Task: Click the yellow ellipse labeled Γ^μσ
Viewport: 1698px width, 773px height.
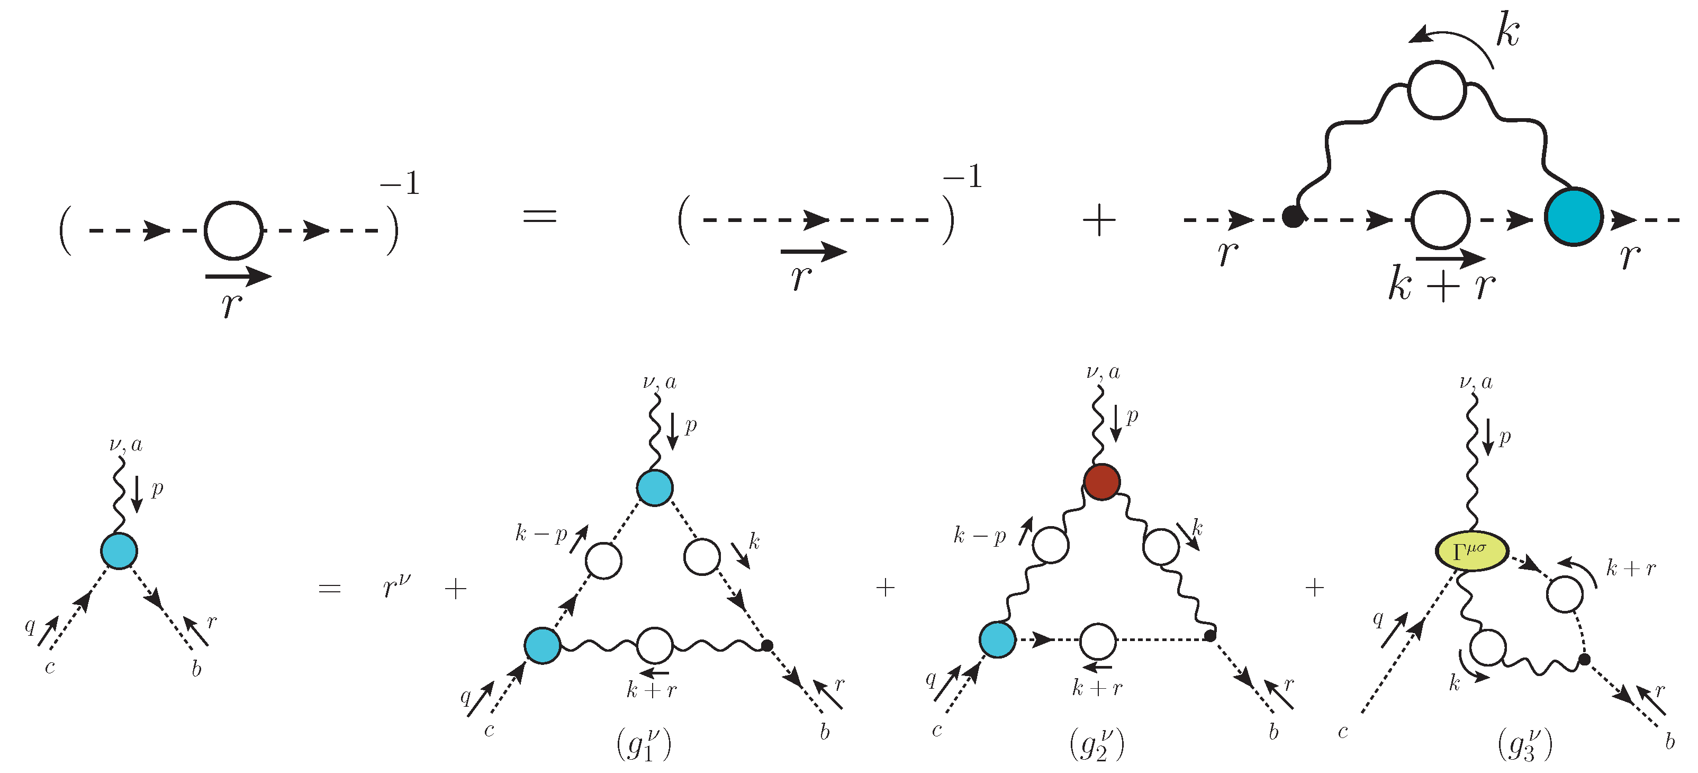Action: [1471, 550]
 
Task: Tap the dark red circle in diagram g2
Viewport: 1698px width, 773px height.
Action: [1102, 482]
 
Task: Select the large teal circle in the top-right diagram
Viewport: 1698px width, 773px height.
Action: [1574, 216]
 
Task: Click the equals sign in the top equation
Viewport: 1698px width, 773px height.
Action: [540, 216]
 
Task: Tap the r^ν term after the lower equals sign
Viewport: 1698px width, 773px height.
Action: [396, 584]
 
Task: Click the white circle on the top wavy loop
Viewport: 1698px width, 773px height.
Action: [1437, 91]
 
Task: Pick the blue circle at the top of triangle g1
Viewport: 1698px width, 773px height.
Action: [655, 488]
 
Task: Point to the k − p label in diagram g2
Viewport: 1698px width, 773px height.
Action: [980, 535]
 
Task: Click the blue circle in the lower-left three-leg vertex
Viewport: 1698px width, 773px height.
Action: [119, 550]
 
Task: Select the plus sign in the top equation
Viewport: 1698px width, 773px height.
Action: [1099, 220]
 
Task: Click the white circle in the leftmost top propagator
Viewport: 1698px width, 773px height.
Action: [233, 230]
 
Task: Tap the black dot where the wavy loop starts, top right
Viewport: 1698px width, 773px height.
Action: [1293, 216]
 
